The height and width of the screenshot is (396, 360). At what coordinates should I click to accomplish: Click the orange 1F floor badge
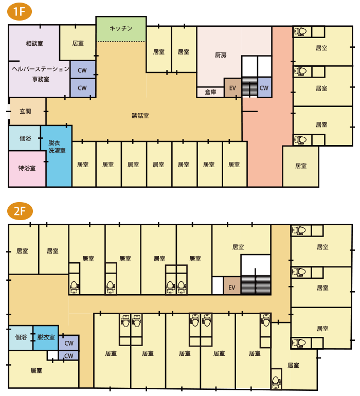coord(20,11)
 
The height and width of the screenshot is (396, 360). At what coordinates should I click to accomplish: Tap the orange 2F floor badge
coord(20,211)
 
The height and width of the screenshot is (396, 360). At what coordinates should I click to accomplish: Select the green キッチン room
coord(121,29)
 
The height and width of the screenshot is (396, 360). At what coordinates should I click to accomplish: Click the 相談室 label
coord(34,43)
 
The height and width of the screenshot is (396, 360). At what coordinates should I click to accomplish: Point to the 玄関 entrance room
coord(27,112)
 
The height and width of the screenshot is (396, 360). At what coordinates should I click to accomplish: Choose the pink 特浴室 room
coord(27,169)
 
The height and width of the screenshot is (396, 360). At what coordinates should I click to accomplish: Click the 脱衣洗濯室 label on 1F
coord(57,147)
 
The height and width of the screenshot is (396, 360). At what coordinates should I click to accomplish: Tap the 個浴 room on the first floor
coord(25,138)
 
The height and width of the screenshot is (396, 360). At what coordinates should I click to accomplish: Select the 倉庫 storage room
coord(210,92)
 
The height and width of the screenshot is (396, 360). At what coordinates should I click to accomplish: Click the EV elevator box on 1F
coord(232,88)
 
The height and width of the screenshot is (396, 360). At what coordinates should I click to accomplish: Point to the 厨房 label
coord(221,55)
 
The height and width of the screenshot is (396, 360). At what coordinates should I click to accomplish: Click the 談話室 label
coord(140,116)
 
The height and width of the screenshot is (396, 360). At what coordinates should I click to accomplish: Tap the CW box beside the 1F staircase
coord(264,87)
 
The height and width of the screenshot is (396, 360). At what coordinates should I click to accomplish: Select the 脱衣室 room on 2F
coord(46,338)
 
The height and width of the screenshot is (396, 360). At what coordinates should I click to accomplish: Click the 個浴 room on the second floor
coord(21,338)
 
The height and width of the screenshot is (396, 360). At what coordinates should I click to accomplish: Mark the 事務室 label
coord(41,79)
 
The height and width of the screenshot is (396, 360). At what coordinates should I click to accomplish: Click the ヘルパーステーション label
coord(41,69)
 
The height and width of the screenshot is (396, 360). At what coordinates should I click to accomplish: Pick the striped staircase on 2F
coord(256,284)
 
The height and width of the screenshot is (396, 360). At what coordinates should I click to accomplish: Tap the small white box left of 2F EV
coord(218,285)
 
